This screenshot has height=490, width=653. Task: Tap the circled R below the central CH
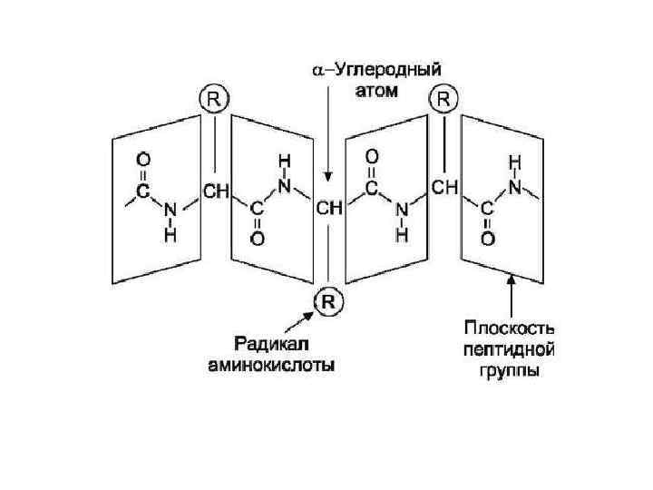coord(328,301)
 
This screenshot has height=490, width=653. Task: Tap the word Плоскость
coord(509,327)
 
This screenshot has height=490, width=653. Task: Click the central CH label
coord(328,208)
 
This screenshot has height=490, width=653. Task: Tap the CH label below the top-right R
coord(444,188)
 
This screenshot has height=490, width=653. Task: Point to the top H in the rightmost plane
coord(513,161)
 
